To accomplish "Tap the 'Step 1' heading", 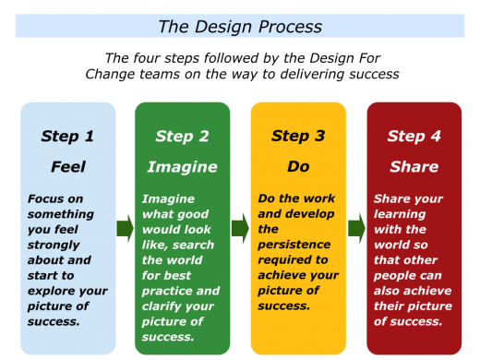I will (x=67, y=137).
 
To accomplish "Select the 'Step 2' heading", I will (x=182, y=137).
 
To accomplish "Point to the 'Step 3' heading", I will (x=297, y=137).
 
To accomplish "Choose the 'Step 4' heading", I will (x=413, y=137).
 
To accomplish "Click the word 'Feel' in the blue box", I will (x=67, y=167).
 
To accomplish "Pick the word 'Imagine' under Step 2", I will (x=182, y=167).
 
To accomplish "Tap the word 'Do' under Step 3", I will (x=297, y=167).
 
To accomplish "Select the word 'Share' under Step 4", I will (x=413, y=167).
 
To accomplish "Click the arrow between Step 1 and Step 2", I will (x=125, y=228).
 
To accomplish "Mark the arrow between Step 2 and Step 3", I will (x=240, y=228).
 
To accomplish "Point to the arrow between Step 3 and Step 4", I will (x=355, y=228).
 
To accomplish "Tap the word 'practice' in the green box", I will (x=167, y=291).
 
